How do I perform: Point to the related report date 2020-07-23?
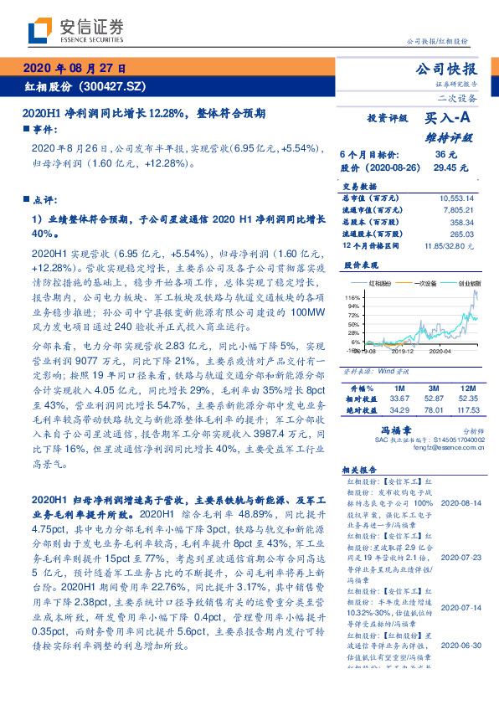point(461,557)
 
